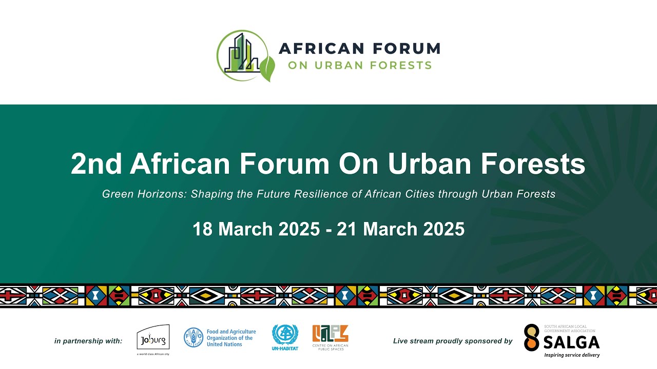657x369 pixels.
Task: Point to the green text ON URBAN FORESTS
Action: (359, 66)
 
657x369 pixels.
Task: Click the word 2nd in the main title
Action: (96, 164)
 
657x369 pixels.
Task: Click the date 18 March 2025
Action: (256, 229)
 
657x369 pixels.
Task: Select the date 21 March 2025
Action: (400, 229)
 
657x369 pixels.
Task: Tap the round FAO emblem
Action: (194, 338)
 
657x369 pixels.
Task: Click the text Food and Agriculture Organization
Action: (231, 338)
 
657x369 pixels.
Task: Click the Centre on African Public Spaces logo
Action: (330, 337)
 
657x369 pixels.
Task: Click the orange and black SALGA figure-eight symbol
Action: (532, 338)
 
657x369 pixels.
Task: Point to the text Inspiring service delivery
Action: (572, 355)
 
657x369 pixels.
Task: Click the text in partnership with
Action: (88, 341)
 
